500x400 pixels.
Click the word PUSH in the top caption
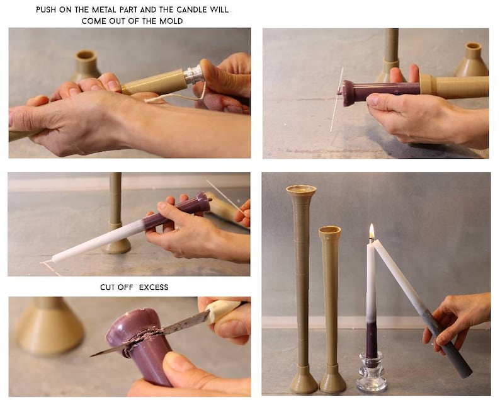click(45, 10)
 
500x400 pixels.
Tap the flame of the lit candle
click(372, 232)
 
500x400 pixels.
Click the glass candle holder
click(372, 375)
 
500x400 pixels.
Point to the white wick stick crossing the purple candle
click(337, 101)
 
